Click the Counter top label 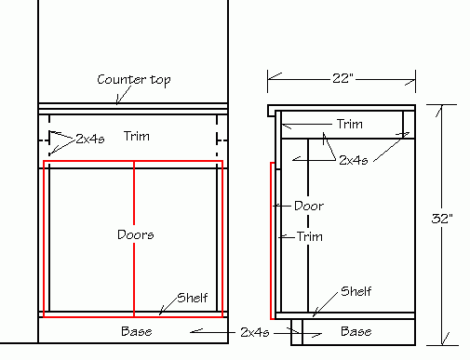(134, 80)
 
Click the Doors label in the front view (136, 234)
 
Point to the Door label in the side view (308, 206)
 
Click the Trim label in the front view (136, 137)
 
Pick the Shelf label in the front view (192, 298)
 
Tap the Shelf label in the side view (356, 290)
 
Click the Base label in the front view (136, 331)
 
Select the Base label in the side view (356, 331)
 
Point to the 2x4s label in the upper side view (354, 160)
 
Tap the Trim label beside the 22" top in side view (349, 124)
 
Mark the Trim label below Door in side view (309, 237)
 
